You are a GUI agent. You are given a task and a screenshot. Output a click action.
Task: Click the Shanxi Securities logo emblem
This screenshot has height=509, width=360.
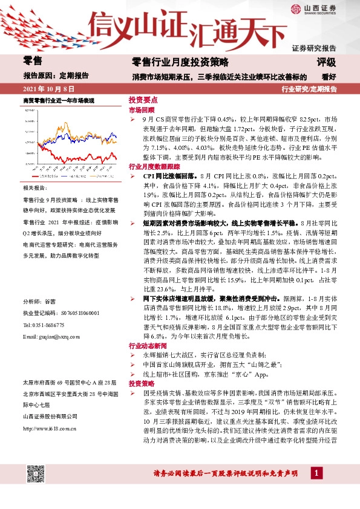pos(295,8)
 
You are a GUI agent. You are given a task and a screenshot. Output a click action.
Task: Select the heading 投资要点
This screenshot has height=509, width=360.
pos(143,100)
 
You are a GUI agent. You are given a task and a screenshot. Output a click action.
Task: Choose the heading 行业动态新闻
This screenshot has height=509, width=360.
pos(146,346)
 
